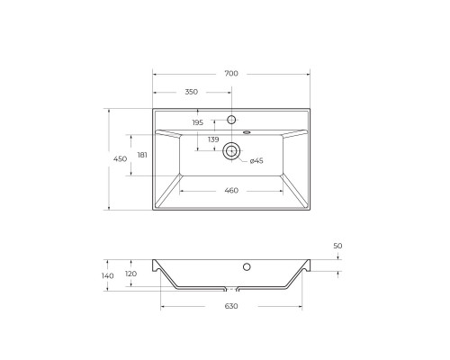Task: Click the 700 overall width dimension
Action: point(230,72)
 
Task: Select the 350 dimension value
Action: point(192,92)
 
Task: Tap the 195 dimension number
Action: point(197,122)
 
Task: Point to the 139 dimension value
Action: point(213,139)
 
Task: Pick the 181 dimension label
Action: point(142,155)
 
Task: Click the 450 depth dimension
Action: point(119,159)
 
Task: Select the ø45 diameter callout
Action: point(256,160)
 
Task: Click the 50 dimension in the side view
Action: point(337,246)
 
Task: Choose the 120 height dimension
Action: point(130,274)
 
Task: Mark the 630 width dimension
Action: point(230,307)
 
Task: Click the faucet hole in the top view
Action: point(231,120)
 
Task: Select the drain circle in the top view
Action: point(231,151)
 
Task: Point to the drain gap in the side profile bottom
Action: point(231,291)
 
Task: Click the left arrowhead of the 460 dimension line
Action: point(183,191)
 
